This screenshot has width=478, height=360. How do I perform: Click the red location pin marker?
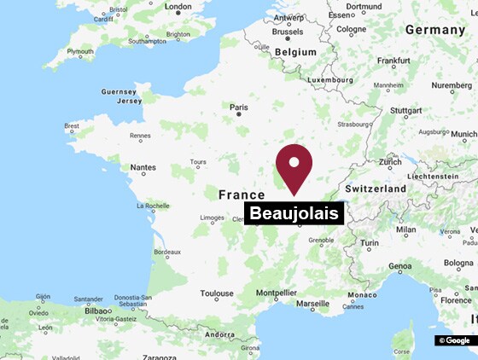294,167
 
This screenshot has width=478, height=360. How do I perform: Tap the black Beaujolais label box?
294,213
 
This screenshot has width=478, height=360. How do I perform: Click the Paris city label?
240,107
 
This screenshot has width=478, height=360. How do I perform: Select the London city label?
178,7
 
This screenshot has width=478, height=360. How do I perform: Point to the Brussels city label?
287,32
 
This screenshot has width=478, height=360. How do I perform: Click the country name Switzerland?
375,188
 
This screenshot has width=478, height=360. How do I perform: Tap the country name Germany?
434,29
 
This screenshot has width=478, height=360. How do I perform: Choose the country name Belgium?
295,51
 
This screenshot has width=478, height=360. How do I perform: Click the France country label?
242,195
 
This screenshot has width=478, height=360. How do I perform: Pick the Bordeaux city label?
166,252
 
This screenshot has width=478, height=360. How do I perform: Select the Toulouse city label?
217,293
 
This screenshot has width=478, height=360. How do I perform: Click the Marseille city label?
312,304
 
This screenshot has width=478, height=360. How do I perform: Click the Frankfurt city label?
393,61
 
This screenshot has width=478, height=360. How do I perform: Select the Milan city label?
405,229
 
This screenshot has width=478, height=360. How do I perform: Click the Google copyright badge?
454,340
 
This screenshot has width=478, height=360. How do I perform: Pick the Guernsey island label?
119,91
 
